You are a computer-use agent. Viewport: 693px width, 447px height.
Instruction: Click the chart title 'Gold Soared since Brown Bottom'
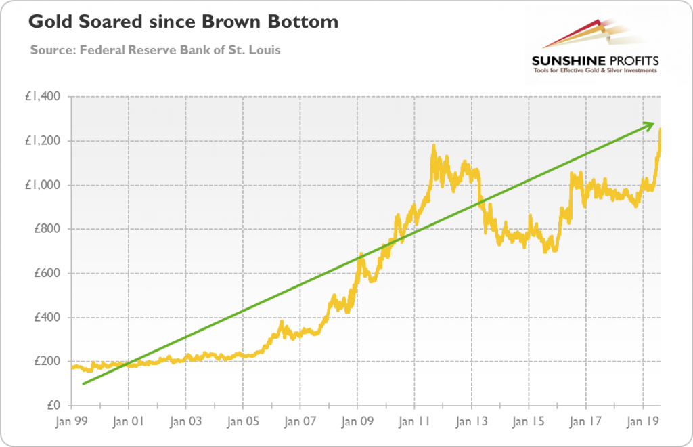click(183, 23)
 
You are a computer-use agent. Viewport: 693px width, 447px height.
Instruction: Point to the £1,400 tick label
click(43, 97)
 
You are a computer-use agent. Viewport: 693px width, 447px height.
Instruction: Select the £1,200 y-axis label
click(43, 141)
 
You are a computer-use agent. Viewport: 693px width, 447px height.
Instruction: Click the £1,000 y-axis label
click(43, 185)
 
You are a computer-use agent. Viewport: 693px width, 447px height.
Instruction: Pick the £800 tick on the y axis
click(47, 229)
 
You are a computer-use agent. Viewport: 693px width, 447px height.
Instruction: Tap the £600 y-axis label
click(47, 274)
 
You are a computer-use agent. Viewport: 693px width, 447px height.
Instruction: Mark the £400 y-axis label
click(47, 318)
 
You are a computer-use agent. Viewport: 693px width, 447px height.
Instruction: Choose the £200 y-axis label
click(47, 362)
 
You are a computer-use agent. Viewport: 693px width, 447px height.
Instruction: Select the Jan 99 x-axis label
click(71, 421)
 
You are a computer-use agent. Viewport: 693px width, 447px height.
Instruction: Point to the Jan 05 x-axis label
click(243, 421)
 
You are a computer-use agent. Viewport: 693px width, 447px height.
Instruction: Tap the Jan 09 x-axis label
click(357, 421)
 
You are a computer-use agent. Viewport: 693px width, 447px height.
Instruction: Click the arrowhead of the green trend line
click(651, 124)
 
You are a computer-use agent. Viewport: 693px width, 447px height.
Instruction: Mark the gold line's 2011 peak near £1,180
click(433, 146)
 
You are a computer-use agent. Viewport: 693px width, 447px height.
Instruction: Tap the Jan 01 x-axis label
click(129, 421)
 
